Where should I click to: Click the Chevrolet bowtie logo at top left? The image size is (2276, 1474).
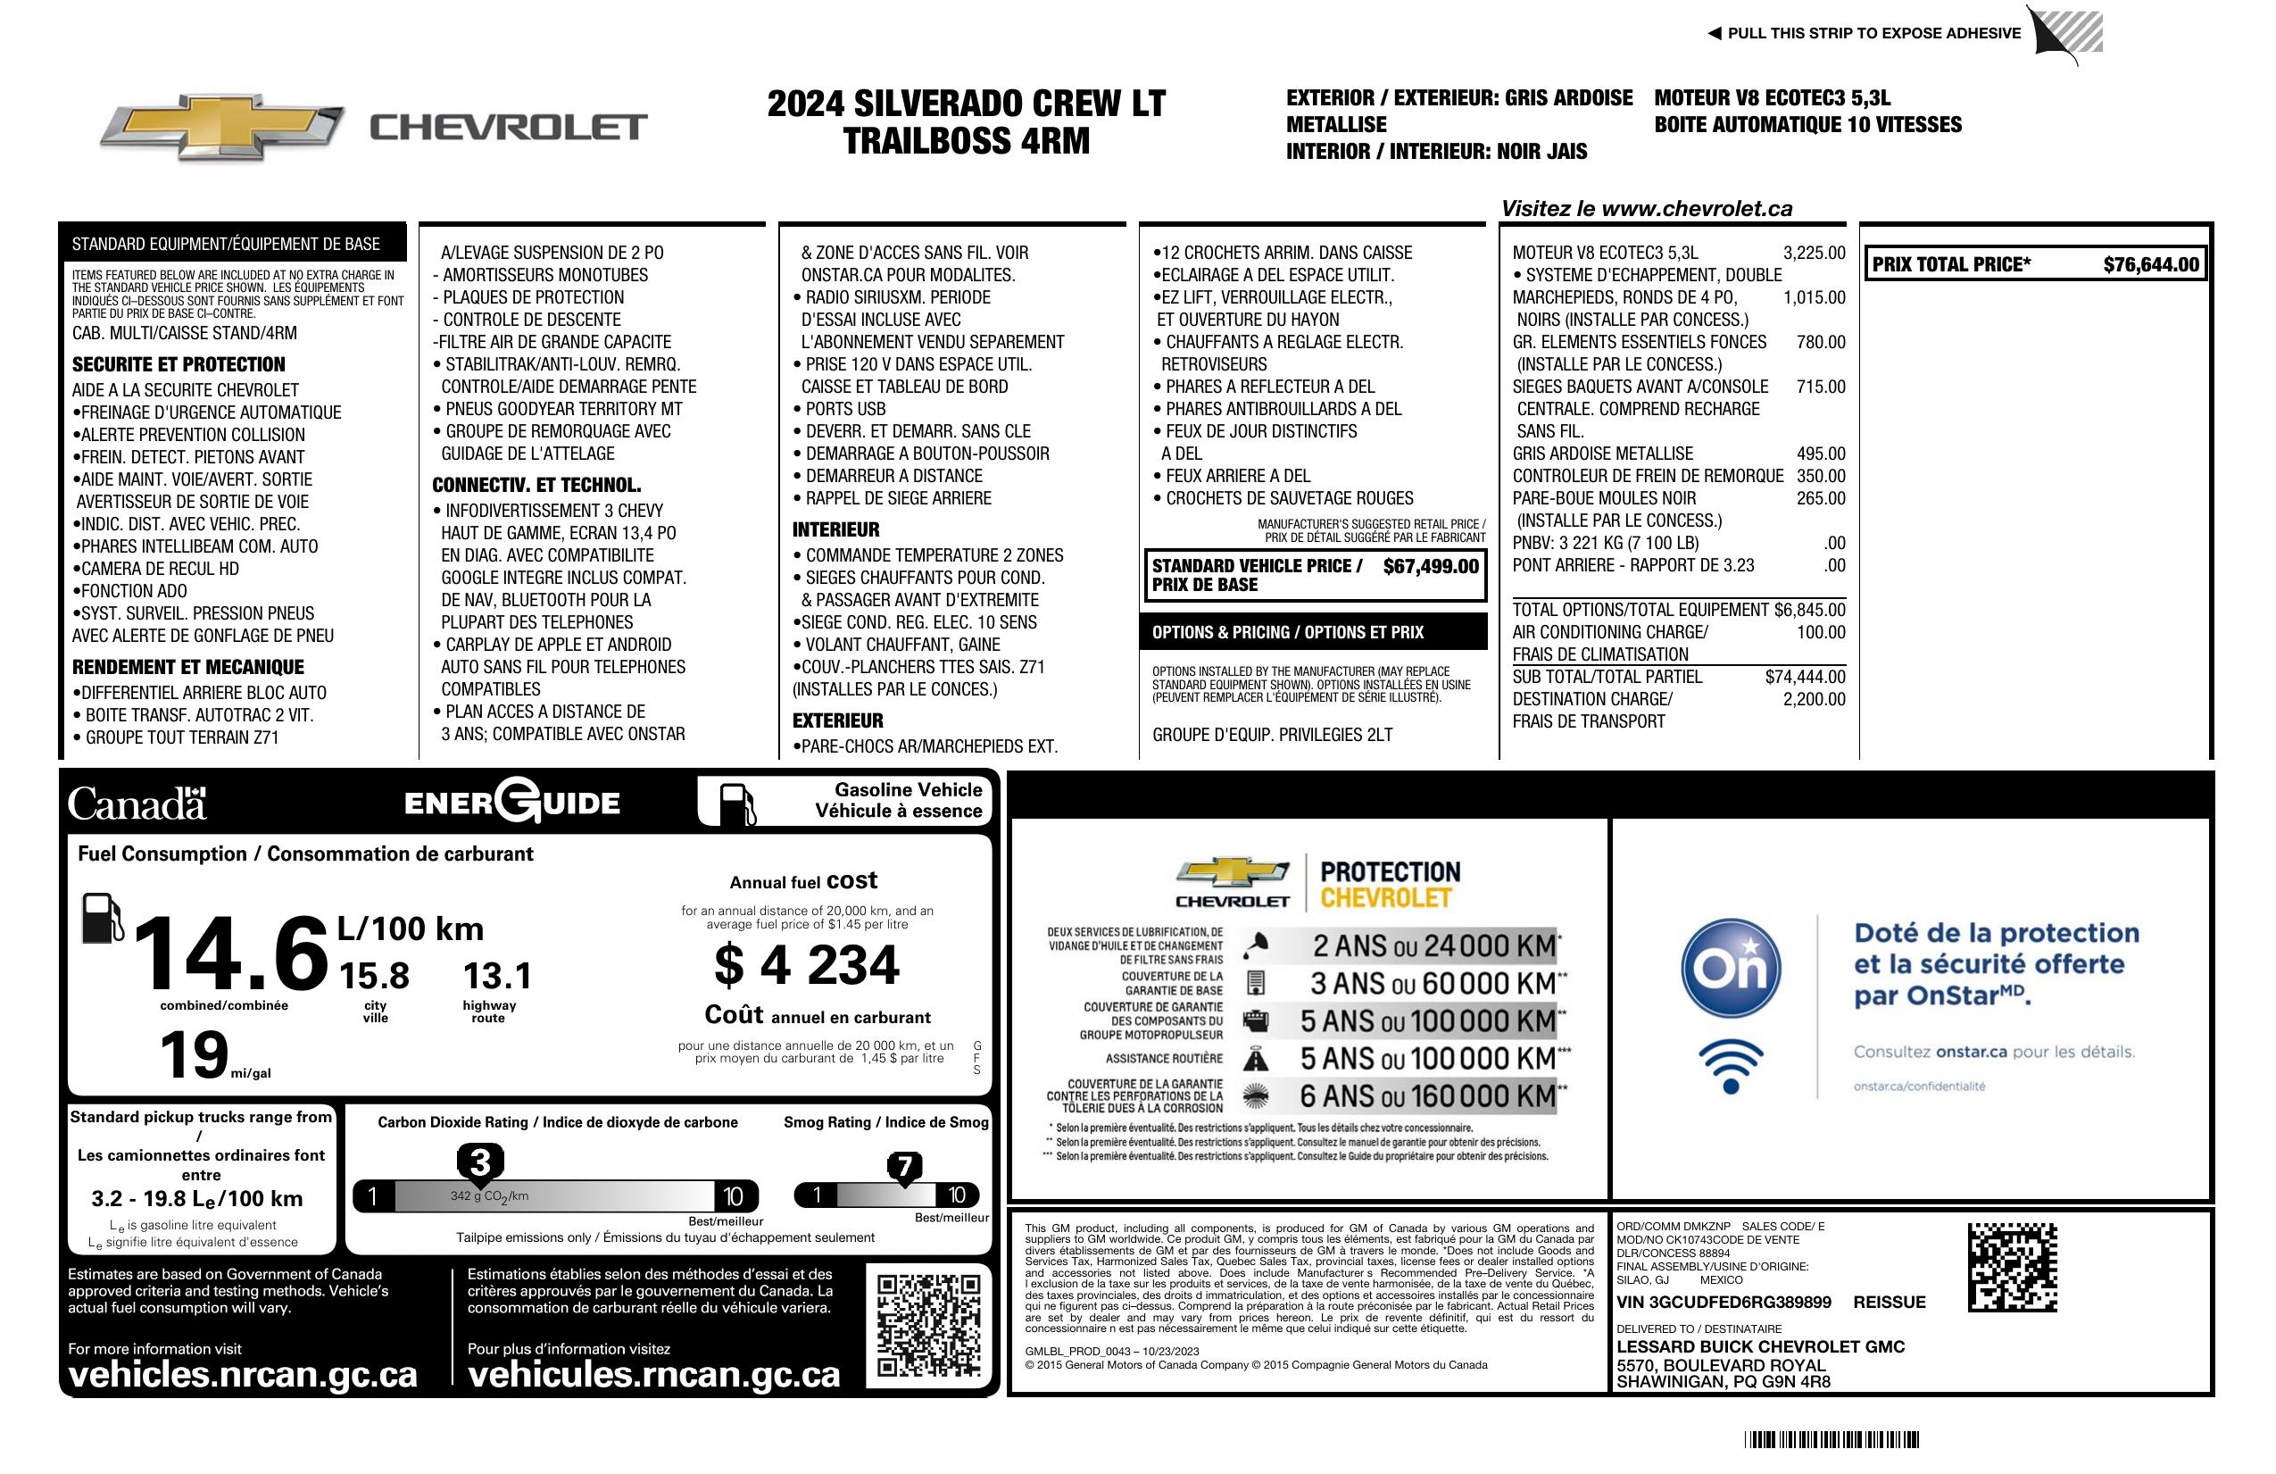coord(221,127)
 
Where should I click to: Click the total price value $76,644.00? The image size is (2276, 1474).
coord(2151,265)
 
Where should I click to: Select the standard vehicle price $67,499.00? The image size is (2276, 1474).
coord(1431,566)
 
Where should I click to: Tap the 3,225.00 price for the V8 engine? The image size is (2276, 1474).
coord(1814,253)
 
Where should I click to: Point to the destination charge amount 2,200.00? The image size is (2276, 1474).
coord(1814,699)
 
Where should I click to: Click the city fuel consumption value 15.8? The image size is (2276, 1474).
coord(374,977)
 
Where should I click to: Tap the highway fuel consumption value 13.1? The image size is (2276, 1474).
coord(497,977)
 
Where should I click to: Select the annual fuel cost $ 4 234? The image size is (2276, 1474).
coord(806,964)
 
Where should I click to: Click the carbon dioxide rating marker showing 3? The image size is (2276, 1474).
coord(480,1162)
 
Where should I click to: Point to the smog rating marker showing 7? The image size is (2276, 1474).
coord(903,1166)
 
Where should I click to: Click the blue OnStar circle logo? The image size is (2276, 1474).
coord(1731,968)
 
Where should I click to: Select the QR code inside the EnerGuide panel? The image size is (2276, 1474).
coord(927,1325)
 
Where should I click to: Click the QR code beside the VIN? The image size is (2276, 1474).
coord(2012,1267)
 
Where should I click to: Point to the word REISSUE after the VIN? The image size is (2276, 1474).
coord(1889,1302)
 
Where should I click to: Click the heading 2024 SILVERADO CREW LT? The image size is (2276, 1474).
coord(966,104)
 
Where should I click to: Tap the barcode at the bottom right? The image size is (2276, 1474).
coord(1831,1439)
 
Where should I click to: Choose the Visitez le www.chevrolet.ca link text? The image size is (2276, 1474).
coord(1646,209)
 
